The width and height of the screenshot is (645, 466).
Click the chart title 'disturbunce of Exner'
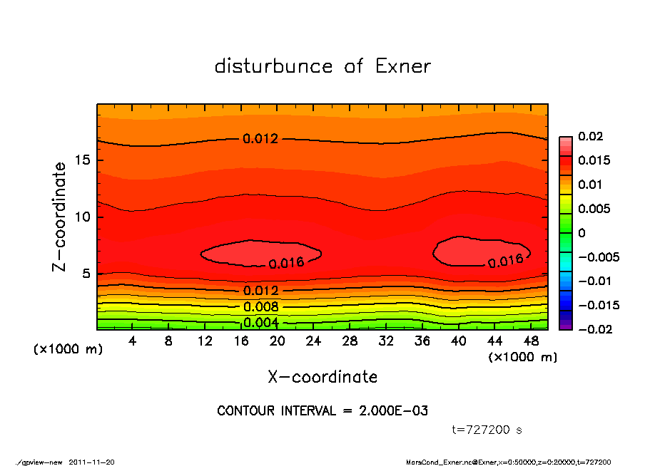[x=322, y=66]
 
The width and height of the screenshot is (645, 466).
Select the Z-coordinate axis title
[x=60, y=217]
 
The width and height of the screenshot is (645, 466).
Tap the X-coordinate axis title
[x=322, y=376]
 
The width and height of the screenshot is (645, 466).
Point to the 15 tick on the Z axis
[x=83, y=160]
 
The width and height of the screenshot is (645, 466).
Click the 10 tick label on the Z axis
[x=83, y=217]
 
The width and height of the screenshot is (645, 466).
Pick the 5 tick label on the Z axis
[x=87, y=274]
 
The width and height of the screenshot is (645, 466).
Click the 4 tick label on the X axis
[x=133, y=341]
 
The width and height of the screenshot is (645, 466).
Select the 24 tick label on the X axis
[x=313, y=341]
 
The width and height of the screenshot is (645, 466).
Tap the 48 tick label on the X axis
[x=531, y=341]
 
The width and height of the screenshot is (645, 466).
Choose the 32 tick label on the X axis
[x=386, y=341]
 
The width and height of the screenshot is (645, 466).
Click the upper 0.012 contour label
[x=260, y=139]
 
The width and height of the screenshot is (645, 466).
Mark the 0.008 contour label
[x=260, y=307]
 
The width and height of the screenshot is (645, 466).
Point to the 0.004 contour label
[x=260, y=323]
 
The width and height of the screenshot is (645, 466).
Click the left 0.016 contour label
[x=287, y=263]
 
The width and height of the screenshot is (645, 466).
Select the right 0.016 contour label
[x=506, y=261]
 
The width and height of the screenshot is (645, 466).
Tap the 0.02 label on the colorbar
[x=590, y=136]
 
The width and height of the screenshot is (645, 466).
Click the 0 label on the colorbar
[x=581, y=233]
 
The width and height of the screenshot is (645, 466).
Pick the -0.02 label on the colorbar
[x=593, y=329]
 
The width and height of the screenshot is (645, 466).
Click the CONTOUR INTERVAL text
[x=322, y=411]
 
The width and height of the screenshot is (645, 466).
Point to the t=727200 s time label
[x=487, y=430]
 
